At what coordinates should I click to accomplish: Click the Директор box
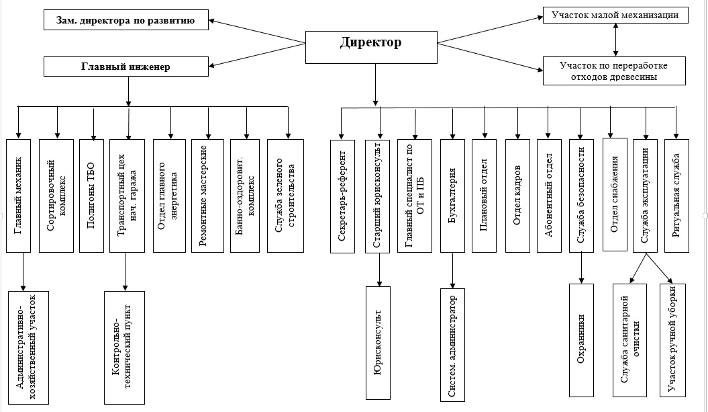[x=371, y=47]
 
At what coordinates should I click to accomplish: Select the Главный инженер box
[x=126, y=67]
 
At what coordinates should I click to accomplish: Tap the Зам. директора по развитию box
[x=126, y=20]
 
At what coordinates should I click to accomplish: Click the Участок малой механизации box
[x=615, y=15]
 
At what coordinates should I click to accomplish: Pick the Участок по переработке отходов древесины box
[x=614, y=71]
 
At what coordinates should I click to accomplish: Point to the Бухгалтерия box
[x=452, y=196]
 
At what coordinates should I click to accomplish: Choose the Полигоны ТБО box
[x=91, y=196]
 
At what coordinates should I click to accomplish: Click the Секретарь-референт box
[x=342, y=196]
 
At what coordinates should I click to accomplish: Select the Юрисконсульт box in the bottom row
[x=378, y=343]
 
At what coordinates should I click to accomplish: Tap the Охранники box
[x=582, y=340]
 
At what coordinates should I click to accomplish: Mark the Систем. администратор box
[x=452, y=345]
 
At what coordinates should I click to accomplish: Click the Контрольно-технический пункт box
[x=125, y=347]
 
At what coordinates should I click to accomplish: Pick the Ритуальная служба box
[x=677, y=196]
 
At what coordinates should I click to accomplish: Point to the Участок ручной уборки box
[x=673, y=340]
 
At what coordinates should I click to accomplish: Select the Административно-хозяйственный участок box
[x=28, y=347]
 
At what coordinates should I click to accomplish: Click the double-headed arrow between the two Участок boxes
[x=615, y=40]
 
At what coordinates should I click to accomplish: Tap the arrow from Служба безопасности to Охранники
[x=582, y=267]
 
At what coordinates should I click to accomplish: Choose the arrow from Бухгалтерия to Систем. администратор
[x=452, y=270]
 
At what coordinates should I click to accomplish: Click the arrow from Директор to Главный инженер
[x=257, y=54]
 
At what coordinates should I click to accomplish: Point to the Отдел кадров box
[x=517, y=196]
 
